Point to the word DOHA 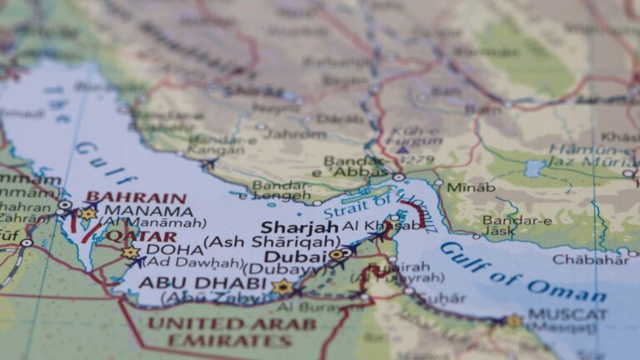point(173,249)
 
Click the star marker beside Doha point(130,252)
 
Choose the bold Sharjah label point(300,227)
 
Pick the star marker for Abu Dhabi point(283,287)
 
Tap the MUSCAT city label point(567,315)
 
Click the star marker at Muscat point(513,321)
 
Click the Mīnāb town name point(470,187)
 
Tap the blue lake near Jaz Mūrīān point(533,168)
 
